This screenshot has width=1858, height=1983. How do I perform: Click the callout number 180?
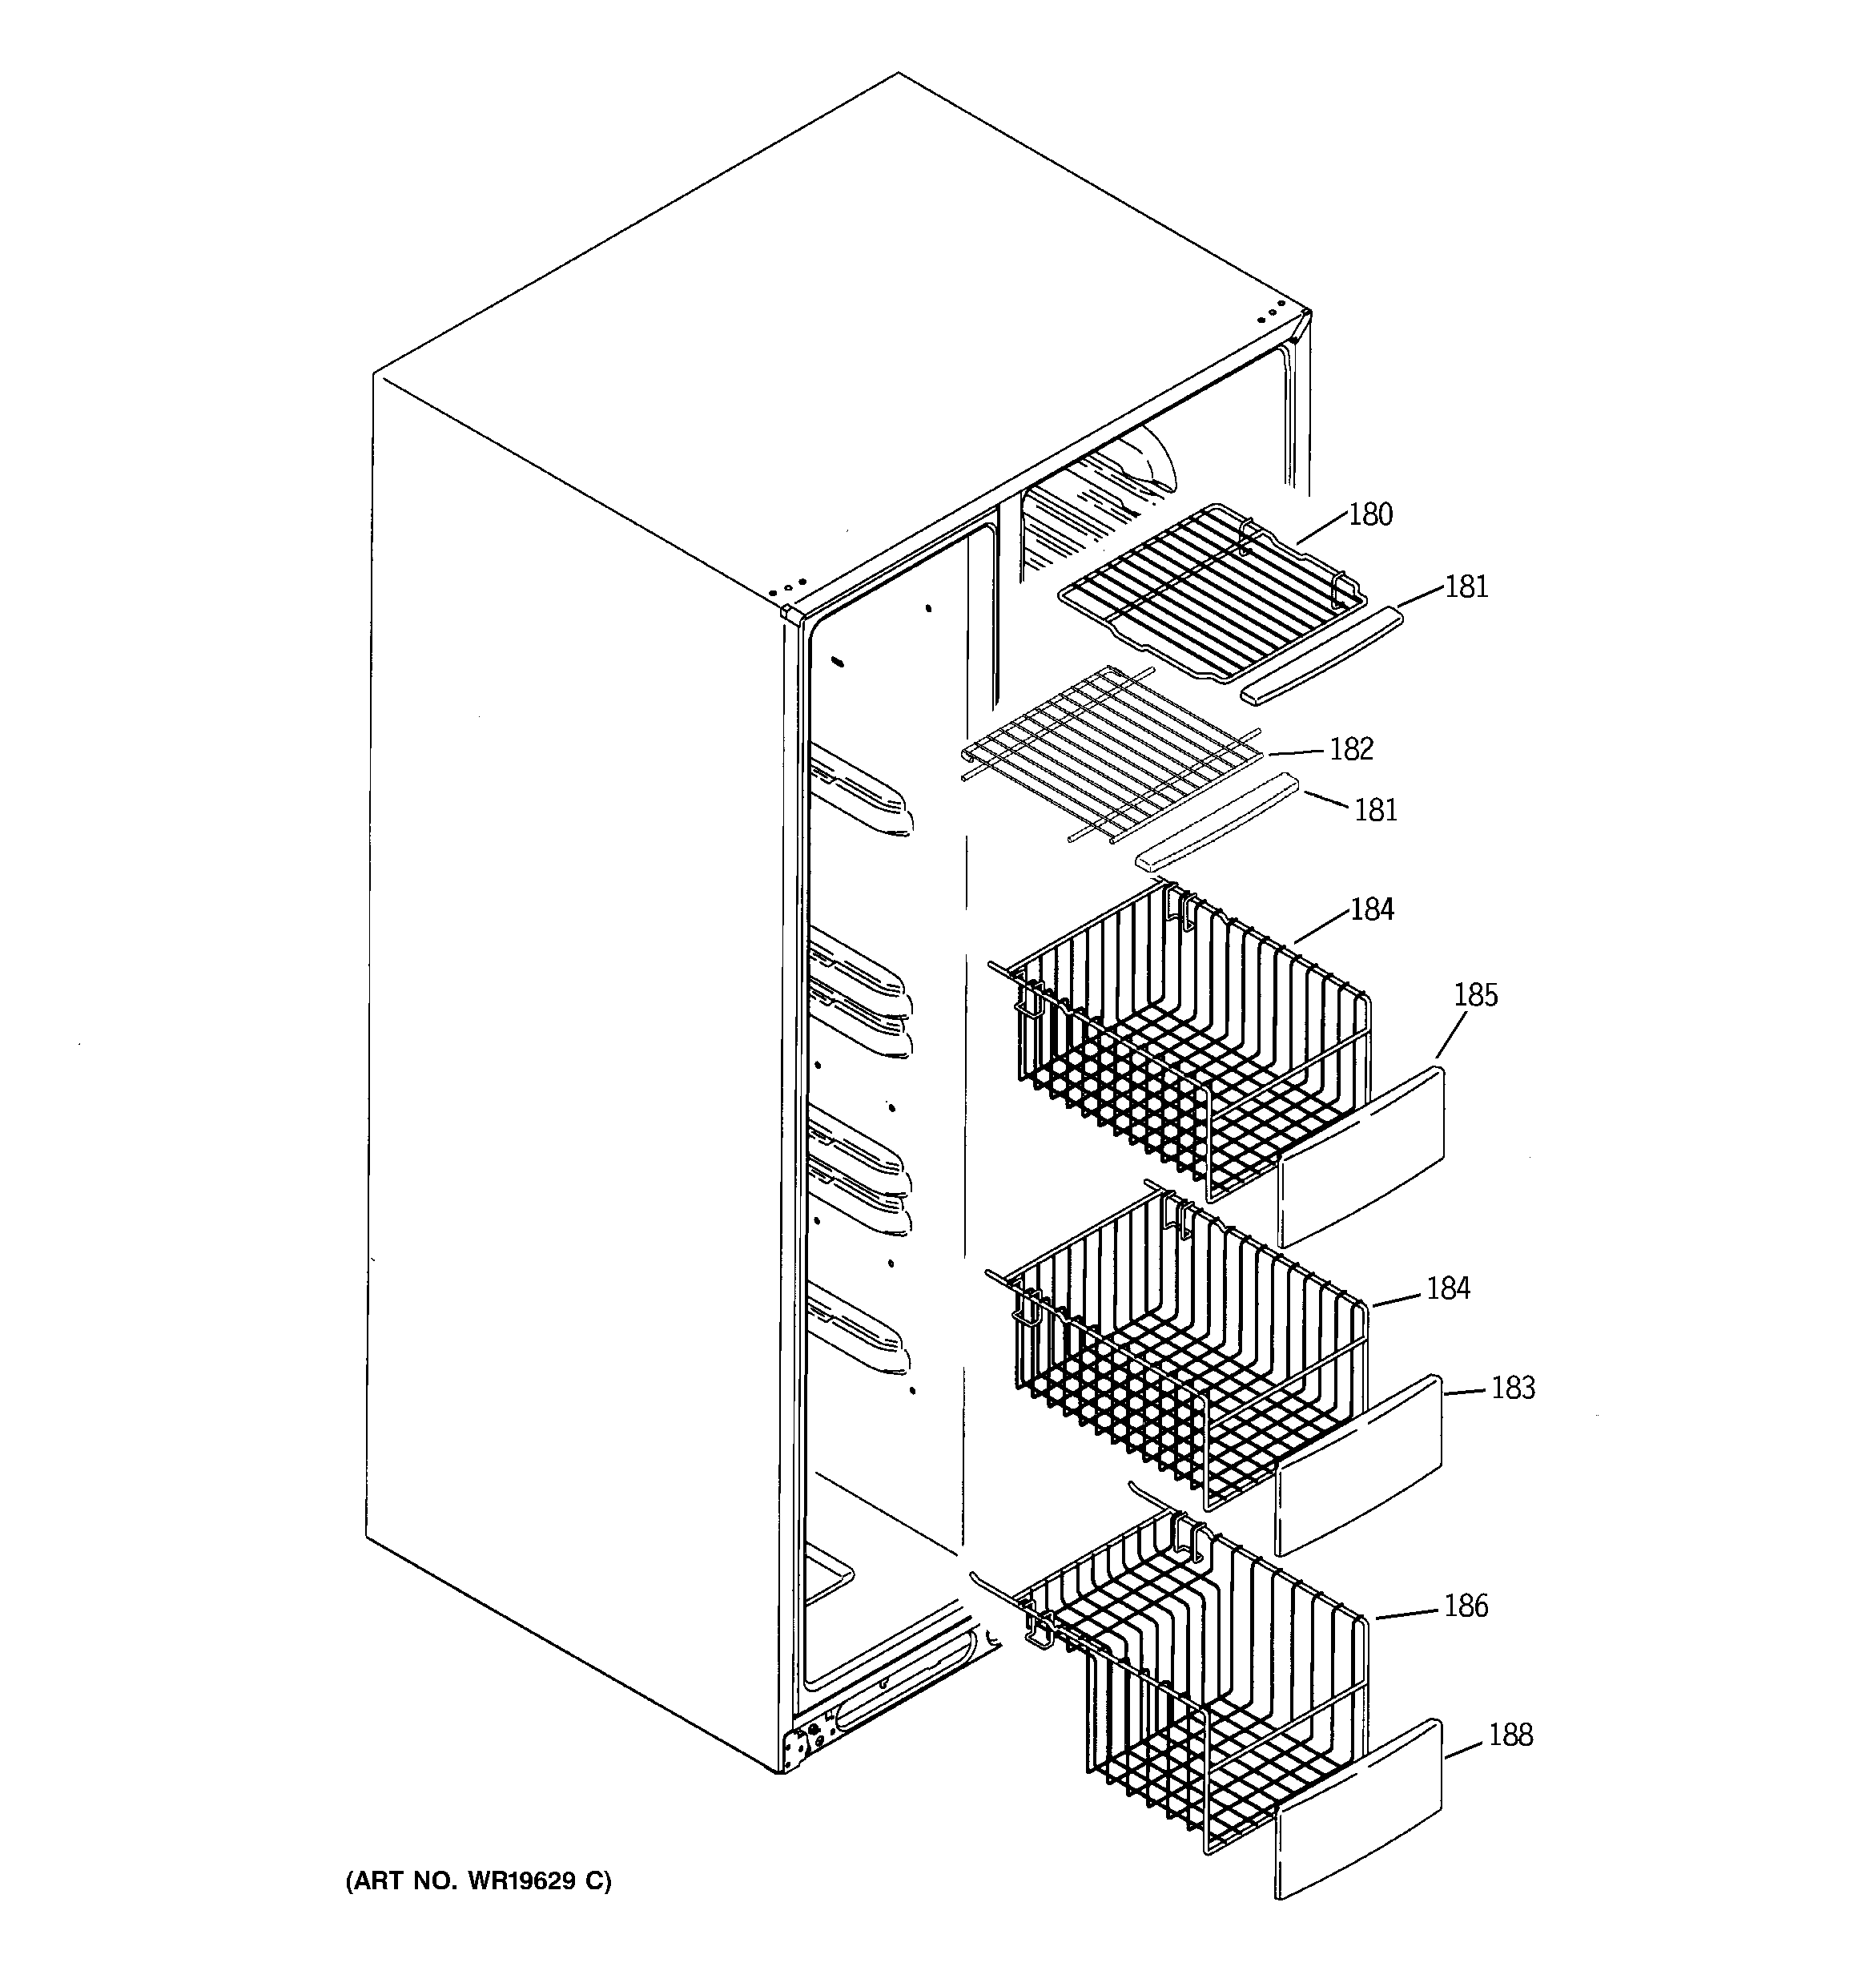pos(1370,514)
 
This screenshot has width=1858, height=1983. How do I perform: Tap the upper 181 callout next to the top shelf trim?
pos(1466,586)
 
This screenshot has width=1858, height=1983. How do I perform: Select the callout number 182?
pos(1351,749)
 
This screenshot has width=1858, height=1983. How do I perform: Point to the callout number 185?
pos(1475,994)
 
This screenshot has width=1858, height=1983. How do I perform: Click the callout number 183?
pos(1513,1388)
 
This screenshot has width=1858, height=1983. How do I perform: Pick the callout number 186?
pos(1465,1605)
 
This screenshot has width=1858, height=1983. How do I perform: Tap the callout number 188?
pos(1510,1735)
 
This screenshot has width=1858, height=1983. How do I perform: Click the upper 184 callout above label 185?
pos(1371,909)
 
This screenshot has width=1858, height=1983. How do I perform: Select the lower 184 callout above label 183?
pos(1448,1289)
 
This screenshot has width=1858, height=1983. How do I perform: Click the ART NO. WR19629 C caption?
pos(479,1881)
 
